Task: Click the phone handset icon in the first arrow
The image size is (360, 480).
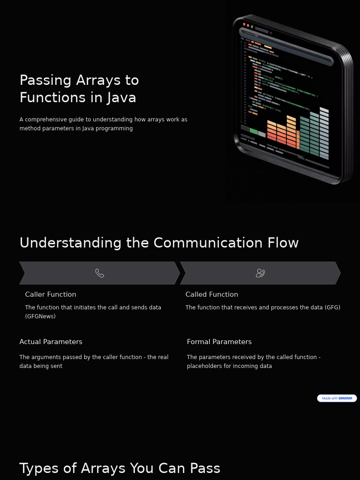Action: (x=99, y=273)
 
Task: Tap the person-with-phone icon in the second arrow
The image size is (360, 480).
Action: (x=260, y=273)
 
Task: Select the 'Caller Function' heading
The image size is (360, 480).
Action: (x=51, y=294)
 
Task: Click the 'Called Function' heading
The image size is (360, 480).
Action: (x=211, y=294)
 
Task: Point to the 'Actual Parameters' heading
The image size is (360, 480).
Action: (x=51, y=342)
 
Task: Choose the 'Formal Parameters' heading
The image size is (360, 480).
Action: (x=219, y=342)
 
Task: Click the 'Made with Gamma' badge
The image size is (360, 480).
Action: (x=337, y=398)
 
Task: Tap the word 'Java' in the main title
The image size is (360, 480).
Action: (x=121, y=97)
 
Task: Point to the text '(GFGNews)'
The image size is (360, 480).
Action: (x=40, y=316)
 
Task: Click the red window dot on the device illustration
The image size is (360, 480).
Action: (x=244, y=24)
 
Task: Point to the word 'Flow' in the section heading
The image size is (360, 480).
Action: (x=283, y=243)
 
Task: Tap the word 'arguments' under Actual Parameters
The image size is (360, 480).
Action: (x=51, y=357)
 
